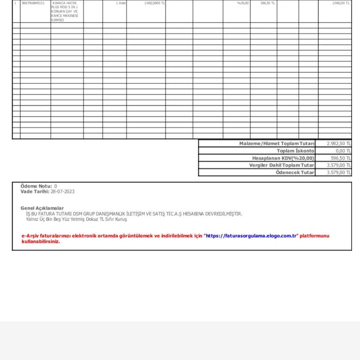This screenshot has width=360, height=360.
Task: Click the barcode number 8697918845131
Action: tap(33, 3)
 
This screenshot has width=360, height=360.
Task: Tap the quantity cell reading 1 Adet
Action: tap(120, 3)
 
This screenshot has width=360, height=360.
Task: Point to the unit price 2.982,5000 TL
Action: tap(155, 3)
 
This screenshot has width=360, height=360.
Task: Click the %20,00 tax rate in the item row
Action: tap(243, 3)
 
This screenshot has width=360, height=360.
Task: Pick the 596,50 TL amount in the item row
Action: tap(268, 3)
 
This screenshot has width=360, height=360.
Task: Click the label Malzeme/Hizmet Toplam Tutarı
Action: tap(277, 143)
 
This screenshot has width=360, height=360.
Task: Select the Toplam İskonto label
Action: tap(295, 151)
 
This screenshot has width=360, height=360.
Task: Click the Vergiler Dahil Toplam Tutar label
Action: tap(281, 165)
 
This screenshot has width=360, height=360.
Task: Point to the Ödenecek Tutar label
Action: tap(295, 172)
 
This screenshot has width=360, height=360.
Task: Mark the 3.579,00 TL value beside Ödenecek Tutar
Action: tap(339, 172)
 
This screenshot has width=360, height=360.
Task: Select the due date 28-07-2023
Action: tap(62, 191)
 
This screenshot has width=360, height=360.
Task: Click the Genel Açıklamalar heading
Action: tap(42, 208)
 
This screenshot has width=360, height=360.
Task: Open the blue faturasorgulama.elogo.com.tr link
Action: tap(252, 236)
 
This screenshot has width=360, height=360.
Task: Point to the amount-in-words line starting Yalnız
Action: tap(76, 219)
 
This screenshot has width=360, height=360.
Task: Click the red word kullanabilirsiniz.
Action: tap(41, 241)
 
